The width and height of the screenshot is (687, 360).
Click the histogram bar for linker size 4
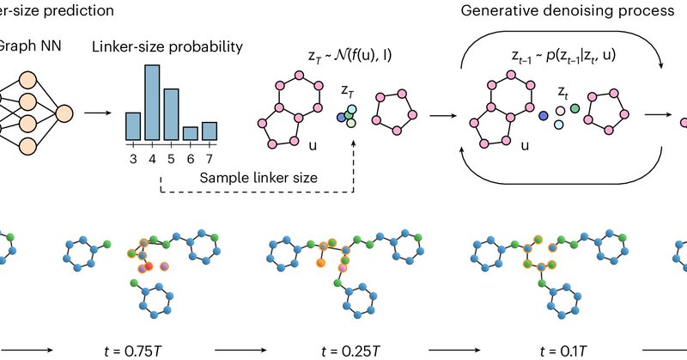152,102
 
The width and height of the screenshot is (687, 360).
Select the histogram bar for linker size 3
133,125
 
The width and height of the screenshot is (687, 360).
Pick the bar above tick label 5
171,114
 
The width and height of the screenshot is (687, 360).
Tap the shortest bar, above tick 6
190,133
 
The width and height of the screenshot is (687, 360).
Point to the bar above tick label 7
209,130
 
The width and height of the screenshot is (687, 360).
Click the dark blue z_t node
544,115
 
